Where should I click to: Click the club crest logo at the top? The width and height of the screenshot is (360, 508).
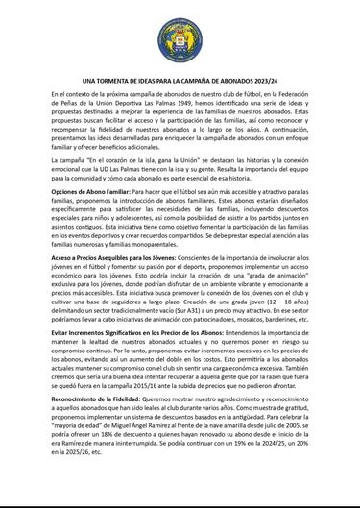[x=180, y=34]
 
